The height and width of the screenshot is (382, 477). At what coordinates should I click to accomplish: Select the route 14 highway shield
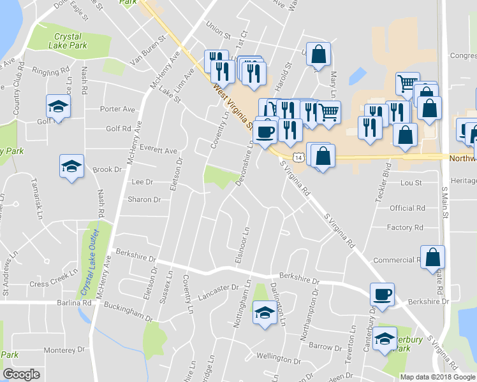coord(298,156)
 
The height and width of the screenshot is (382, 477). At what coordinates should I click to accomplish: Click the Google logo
coord(22,374)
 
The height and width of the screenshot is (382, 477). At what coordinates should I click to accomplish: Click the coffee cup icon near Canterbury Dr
coord(383,295)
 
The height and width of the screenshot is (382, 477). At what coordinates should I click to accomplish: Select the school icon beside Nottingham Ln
coord(263,313)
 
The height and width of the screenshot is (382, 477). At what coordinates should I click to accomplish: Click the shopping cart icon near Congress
coord(407,83)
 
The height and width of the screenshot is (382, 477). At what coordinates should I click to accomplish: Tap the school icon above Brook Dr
coord(71,167)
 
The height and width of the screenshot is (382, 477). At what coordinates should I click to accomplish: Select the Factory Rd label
coord(405,227)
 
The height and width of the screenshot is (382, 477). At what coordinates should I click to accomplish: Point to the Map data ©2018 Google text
coord(437,377)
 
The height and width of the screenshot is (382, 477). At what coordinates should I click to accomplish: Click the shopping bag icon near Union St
coord(318,54)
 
